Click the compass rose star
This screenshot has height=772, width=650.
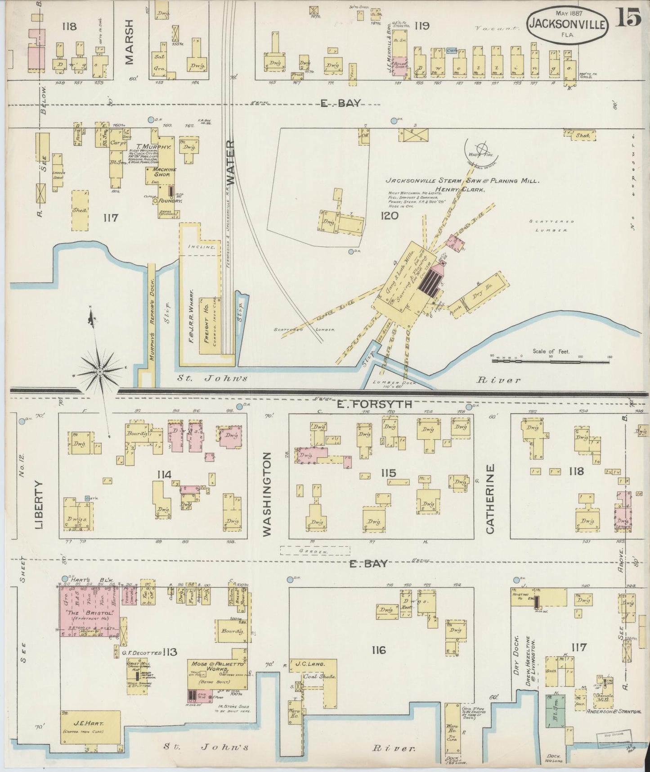100,372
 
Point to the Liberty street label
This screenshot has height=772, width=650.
39,504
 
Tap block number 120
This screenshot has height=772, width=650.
389,216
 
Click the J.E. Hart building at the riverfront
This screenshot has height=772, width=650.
90,727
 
